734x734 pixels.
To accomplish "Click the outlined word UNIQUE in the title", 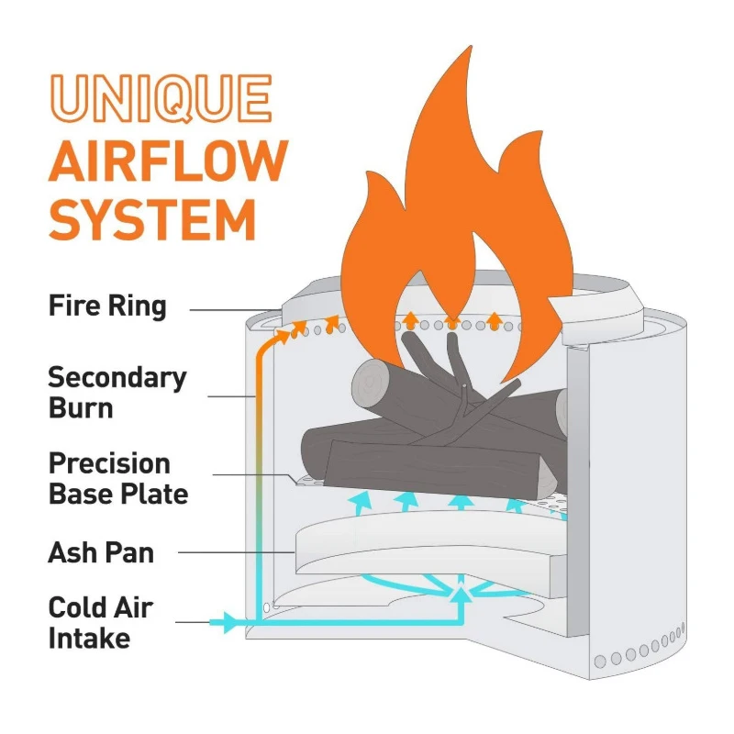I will point(160,99).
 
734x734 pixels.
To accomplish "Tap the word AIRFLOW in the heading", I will point(167,161).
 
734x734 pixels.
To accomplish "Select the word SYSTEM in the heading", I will point(151,220).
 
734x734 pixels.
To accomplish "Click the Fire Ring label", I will point(107,306).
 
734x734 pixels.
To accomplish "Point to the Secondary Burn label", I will point(117,392).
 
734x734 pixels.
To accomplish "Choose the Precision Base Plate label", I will point(117,478).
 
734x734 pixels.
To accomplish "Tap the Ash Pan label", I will point(101,553).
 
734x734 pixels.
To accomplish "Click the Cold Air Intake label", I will point(100,622).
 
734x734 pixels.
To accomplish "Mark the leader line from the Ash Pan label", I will point(234,552).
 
